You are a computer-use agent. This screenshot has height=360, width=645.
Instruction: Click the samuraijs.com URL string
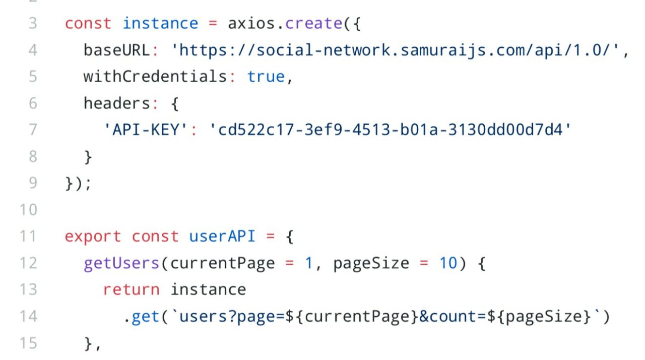(x=399, y=50)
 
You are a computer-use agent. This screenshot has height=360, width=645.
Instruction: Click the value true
(x=266, y=77)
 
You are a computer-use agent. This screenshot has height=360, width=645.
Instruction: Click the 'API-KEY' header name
(x=146, y=130)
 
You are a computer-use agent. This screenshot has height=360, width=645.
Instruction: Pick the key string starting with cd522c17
(x=390, y=130)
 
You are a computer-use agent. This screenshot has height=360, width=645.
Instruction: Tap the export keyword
(x=93, y=236)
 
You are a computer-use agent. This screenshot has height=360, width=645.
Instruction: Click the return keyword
(x=131, y=290)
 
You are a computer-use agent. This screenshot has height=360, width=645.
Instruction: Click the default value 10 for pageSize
(x=447, y=263)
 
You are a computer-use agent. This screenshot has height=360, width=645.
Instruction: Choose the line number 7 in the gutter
(x=33, y=130)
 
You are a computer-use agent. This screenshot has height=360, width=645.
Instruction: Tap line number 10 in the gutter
(x=28, y=210)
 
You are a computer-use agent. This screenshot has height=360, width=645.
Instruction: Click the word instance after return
(x=208, y=290)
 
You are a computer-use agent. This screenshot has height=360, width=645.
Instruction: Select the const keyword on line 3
(x=88, y=24)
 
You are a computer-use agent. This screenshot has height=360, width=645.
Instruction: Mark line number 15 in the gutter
(x=28, y=343)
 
